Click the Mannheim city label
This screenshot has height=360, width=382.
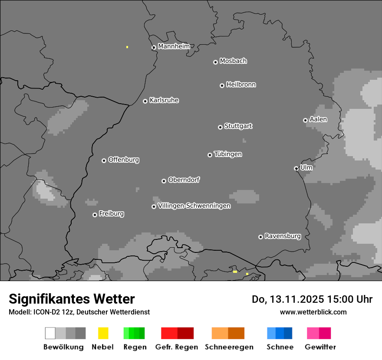pos(174,46)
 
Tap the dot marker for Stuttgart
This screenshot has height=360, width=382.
pos(221,127)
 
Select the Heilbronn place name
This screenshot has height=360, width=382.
pos(241,85)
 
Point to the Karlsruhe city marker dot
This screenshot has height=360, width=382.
pos(145,101)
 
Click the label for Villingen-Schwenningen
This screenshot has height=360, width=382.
pos(194,206)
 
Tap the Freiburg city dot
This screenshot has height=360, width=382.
pos(95,215)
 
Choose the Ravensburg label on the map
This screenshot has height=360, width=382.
pos(283,236)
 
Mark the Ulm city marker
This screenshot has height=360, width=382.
pos(296,168)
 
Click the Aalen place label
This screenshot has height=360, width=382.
pos(318,119)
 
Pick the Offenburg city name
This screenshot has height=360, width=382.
pos(123,160)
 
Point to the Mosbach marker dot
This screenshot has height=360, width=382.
pos(215,62)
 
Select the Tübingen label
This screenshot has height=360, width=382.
pos(228,154)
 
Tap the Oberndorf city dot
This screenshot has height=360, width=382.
pos(164,181)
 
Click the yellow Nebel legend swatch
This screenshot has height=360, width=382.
pos(103,333)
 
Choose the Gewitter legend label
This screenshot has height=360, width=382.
pos(320,347)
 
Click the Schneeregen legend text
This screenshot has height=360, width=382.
pos(229,347)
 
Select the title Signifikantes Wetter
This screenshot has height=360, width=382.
pos(72,299)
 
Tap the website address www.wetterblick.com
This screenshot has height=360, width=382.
pos(313,312)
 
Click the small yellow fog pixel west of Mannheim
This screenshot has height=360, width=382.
pos(127,47)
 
